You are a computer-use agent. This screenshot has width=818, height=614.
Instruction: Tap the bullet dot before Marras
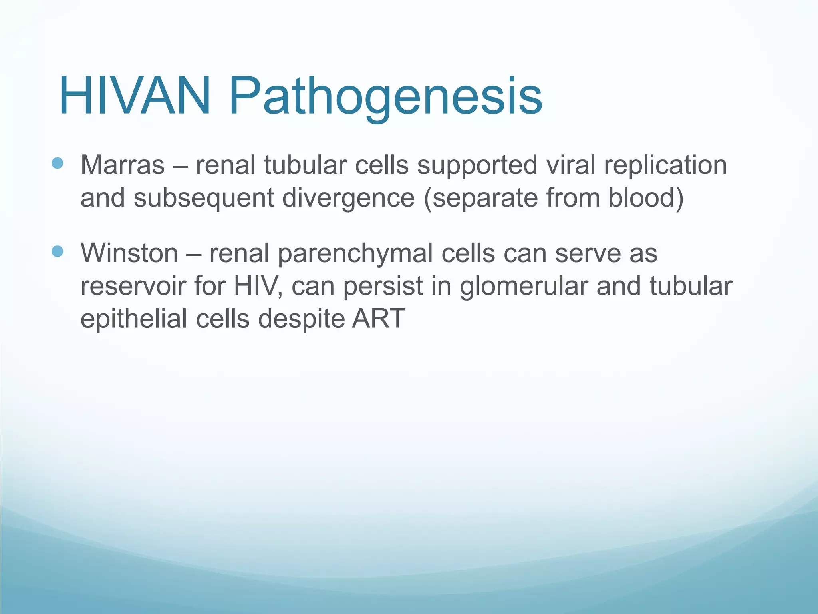[x=58, y=163]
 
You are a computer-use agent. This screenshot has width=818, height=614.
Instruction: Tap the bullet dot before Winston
[x=58, y=251]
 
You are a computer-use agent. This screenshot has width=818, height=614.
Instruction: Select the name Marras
[x=123, y=165]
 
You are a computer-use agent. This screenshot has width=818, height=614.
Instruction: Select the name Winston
[x=129, y=253]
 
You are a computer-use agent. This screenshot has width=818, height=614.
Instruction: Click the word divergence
[x=348, y=198]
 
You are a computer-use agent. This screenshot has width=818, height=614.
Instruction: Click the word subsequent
[x=204, y=198]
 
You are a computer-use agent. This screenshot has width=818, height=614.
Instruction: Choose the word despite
[x=301, y=319]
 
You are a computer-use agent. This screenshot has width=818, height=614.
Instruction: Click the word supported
[x=477, y=165]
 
